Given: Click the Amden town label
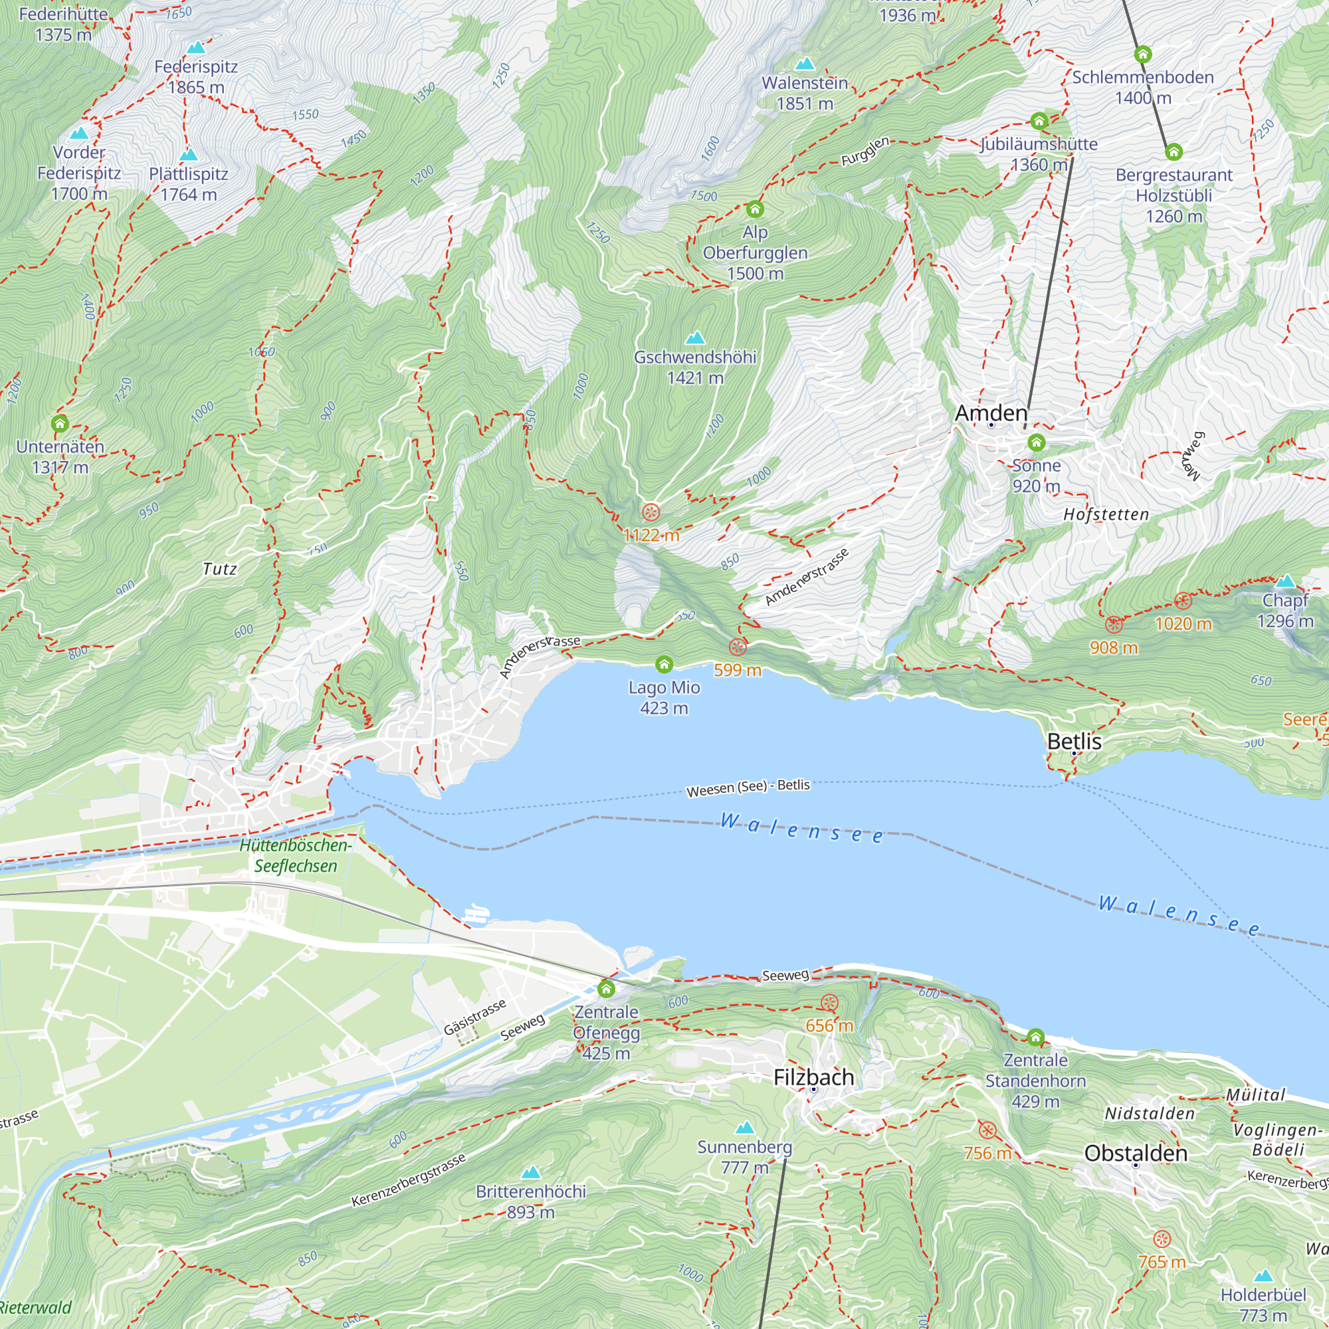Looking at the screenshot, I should click(991, 413).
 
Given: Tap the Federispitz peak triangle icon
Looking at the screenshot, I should click(196, 47).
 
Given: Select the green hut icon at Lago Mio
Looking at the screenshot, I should click(664, 664).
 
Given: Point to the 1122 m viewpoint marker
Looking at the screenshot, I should click(651, 512).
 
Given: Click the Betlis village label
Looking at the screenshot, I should click(1074, 742).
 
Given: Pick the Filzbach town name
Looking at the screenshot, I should click(814, 1077).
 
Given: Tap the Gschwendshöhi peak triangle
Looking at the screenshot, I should click(696, 338).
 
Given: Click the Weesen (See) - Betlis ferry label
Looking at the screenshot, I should click(748, 787).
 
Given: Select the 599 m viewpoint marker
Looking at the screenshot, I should click(738, 647).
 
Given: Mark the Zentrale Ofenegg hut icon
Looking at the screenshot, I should click(606, 989).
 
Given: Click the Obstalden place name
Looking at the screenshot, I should click(1136, 1153).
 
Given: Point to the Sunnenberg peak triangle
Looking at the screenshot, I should click(745, 1128).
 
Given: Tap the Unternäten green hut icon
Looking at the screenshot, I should click(60, 423).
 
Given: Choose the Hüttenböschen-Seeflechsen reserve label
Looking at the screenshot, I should click(296, 855).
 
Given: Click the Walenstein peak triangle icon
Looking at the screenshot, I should click(805, 64).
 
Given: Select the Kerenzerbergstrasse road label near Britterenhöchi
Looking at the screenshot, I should click(409, 1180).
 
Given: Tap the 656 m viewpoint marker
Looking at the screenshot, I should click(829, 1003).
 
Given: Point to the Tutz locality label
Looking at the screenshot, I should click(220, 569).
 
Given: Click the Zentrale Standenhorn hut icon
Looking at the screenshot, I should click(1036, 1037).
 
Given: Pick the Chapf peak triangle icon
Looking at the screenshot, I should click(1285, 581).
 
